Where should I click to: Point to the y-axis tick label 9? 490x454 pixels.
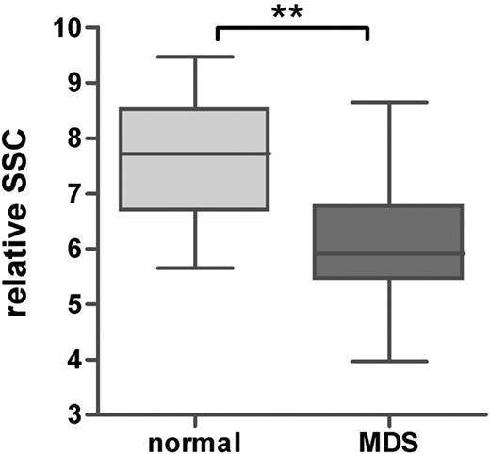pos(70,84)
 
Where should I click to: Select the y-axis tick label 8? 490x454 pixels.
pos(70,139)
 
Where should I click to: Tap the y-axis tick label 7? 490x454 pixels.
pos(70,194)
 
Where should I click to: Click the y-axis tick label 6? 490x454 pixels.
pos(70,250)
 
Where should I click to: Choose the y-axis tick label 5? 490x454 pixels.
pos(70,305)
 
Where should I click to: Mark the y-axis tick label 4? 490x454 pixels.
pos(70,360)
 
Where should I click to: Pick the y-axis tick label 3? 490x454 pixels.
pos(70,415)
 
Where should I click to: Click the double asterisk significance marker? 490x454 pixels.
pos(291,13)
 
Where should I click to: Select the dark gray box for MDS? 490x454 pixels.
pos(368,226)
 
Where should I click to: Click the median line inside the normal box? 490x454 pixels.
pos(196,154)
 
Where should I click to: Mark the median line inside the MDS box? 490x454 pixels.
pos(368,253)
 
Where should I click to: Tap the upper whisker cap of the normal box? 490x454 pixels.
pos(196,57)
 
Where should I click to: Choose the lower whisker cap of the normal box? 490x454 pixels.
pos(196,268)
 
